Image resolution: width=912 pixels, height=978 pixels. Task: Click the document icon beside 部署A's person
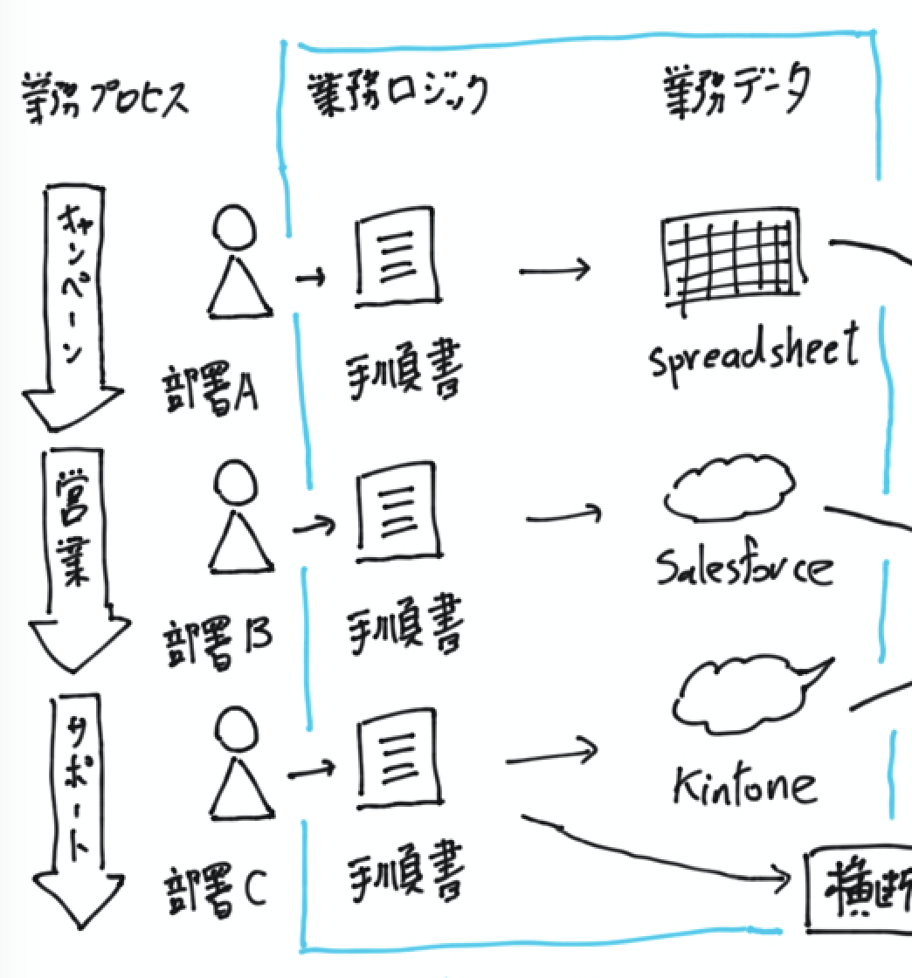(x=394, y=258)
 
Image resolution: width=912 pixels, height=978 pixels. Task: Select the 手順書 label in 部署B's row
(x=403, y=623)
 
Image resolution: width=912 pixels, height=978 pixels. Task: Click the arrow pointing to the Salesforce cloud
(x=563, y=517)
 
